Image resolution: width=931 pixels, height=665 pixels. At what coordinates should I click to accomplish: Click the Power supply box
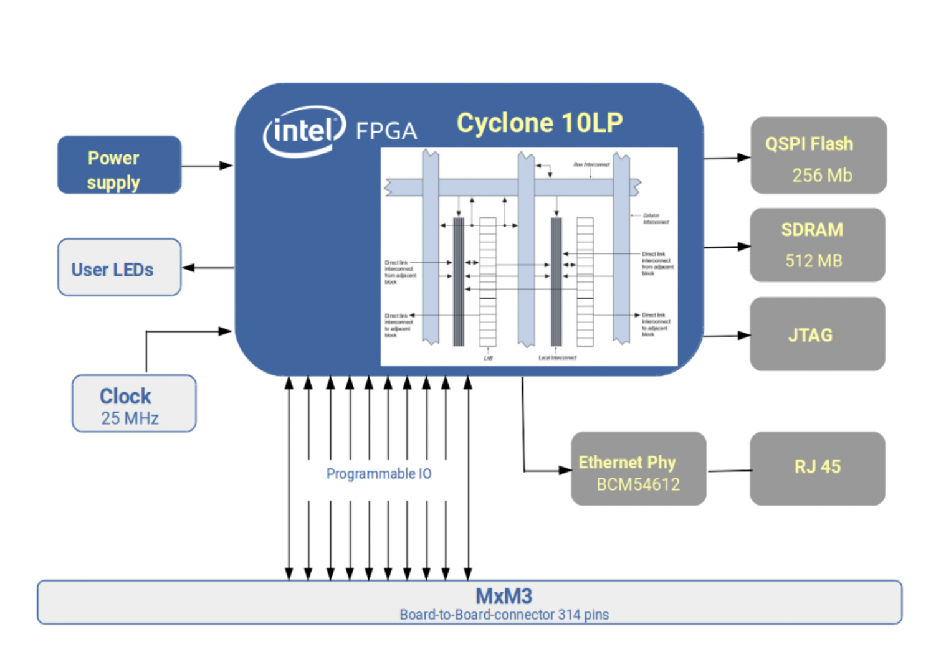coord(119,165)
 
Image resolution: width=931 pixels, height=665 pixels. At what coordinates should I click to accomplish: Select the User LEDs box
coord(119,268)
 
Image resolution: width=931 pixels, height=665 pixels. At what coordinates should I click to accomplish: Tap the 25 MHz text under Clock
coord(130,418)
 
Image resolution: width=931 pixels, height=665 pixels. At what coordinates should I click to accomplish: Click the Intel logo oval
coord(304,131)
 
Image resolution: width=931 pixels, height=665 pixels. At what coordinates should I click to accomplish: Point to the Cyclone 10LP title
coord(540,123)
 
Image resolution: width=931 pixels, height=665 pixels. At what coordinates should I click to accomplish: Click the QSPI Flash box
coord(818,156)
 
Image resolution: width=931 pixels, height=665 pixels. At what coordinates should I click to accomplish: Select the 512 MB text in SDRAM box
coord(813,261)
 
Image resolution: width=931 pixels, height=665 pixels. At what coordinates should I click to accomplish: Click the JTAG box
coord(817,334)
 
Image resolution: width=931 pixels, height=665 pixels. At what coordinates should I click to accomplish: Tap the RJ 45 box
coord(817,468)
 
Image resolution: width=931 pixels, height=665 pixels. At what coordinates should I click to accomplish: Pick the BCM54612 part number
coord(638,484)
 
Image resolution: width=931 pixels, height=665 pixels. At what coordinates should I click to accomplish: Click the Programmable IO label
coord(379,474)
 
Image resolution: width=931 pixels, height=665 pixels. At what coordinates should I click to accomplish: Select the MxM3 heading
coord(504,596)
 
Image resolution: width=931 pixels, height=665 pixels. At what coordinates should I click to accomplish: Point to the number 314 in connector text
coord(569,615)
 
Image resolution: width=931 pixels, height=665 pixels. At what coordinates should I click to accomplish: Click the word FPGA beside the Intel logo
coord(386,131)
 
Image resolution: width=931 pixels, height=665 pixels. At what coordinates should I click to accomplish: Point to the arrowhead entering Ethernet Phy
coord(565,470)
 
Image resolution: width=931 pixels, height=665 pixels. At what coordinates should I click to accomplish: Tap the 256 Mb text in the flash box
coord(822,176)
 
